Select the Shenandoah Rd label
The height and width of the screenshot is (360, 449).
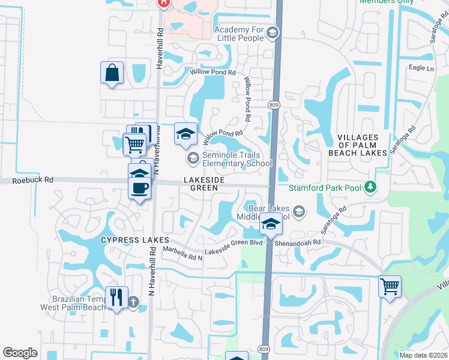click(x=298, y=243)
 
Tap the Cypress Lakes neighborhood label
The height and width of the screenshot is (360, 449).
click(x=130, y=239)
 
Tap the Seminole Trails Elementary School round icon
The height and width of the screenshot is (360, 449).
click(x=193, y=159)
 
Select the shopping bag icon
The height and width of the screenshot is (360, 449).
click(x=112, y=73)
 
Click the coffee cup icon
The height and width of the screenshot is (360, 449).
click(x=140, y=188)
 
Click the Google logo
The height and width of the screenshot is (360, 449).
click(x=20, y=353)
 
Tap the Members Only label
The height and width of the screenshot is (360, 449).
click(x=387, y=2)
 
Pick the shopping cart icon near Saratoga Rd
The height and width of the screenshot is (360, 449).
click(x=390, y=286)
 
